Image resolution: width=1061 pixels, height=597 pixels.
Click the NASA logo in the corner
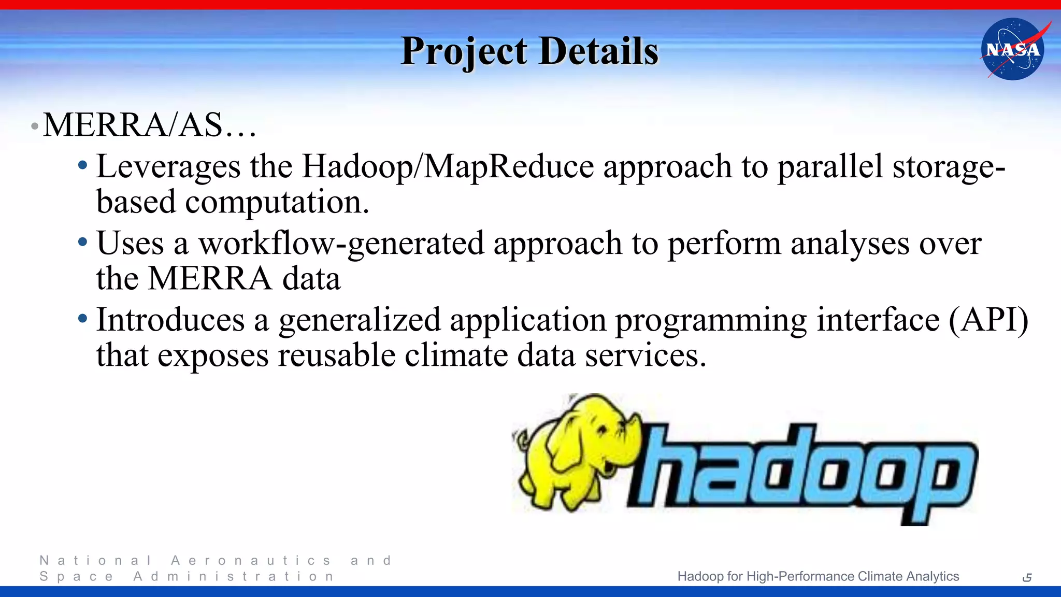(1013, 49)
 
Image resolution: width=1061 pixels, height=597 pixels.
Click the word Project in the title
(464, 51)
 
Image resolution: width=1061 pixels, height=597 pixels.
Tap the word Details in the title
(598, 51)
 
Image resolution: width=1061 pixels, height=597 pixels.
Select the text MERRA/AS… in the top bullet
(149, 125)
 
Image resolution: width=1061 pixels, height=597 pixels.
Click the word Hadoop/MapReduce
(448, 167)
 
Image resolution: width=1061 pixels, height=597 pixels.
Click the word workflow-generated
(341, 244)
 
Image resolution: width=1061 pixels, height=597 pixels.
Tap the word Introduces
(170, 320)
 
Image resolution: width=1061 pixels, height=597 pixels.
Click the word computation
(277, 203)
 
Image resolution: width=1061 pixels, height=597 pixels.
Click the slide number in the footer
(1027, 577)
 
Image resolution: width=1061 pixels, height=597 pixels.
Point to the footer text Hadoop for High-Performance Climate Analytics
(818, 576)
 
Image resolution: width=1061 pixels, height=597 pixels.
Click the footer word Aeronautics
(251, 561)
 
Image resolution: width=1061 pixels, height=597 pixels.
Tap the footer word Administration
(234, 577)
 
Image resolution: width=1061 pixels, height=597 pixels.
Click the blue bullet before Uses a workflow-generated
(82, 242)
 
